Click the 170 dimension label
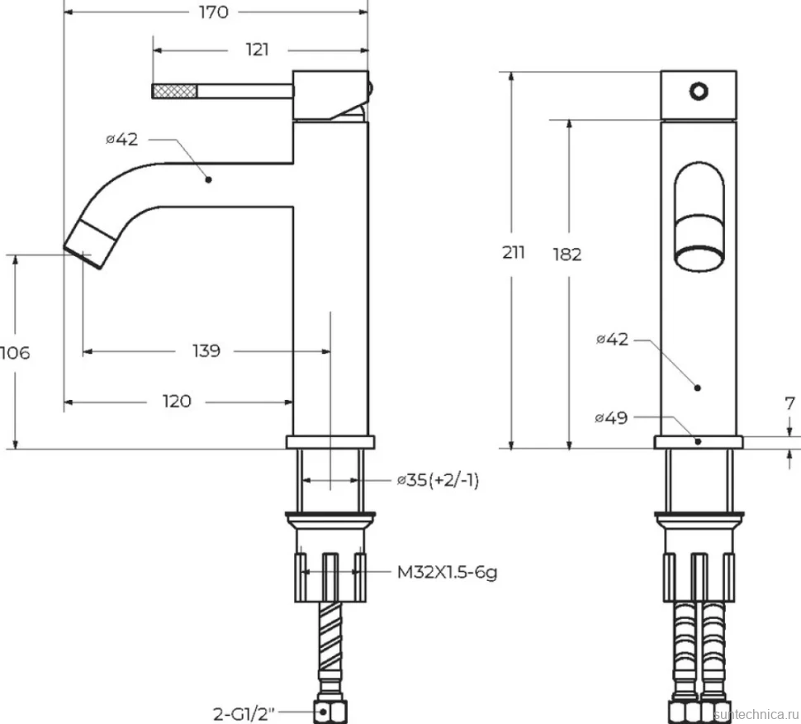[214, 12]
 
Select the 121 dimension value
[257, 50]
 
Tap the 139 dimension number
[206, 350]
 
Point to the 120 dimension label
[177, 402]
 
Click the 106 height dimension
[15, 353]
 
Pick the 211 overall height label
[514, 253]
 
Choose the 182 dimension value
[567, 254]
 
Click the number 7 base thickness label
[789, 403]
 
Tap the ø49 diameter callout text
[611, 417]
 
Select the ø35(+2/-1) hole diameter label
[438, 480]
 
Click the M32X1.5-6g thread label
[447, 572]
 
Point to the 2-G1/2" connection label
[244, 713]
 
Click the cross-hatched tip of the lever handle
[175, 92]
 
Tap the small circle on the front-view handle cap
[699, 92]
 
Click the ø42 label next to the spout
[121, 139]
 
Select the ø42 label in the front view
[612, 339]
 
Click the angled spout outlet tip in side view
[90, 245]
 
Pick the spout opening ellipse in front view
[699, 259]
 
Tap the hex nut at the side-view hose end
[331, 712]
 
